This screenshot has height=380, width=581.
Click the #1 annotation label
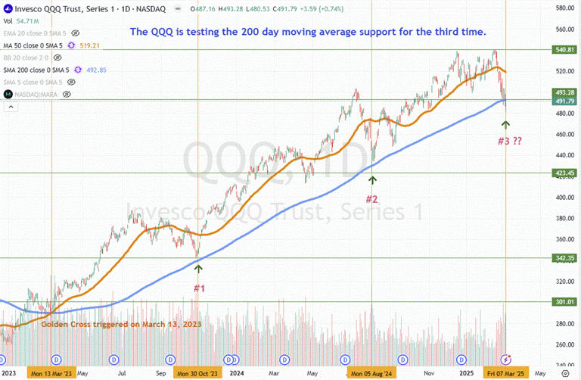[x=198, y=288]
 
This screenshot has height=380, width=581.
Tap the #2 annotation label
[x=372, y=199]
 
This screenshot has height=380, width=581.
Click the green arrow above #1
[x=199, y=266]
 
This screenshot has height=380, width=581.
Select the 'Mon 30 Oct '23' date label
[x=198, y=373]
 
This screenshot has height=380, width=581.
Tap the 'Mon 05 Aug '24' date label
[x=372, y=373]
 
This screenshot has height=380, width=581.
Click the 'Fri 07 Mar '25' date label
[x=505, y=373]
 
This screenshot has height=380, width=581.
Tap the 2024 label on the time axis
[x=236, y=373]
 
